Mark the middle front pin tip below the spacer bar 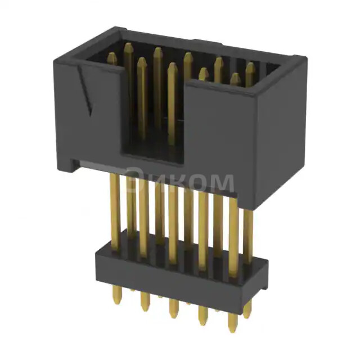(173, 306)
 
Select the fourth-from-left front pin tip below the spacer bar (202, 313)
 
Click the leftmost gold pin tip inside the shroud (112, 57)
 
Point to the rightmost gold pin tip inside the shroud (250, 67)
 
